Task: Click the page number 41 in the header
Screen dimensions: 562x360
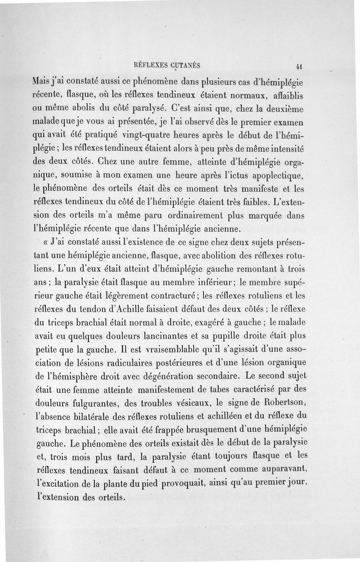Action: (298, 65)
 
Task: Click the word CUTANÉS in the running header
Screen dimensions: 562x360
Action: (184, 64)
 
